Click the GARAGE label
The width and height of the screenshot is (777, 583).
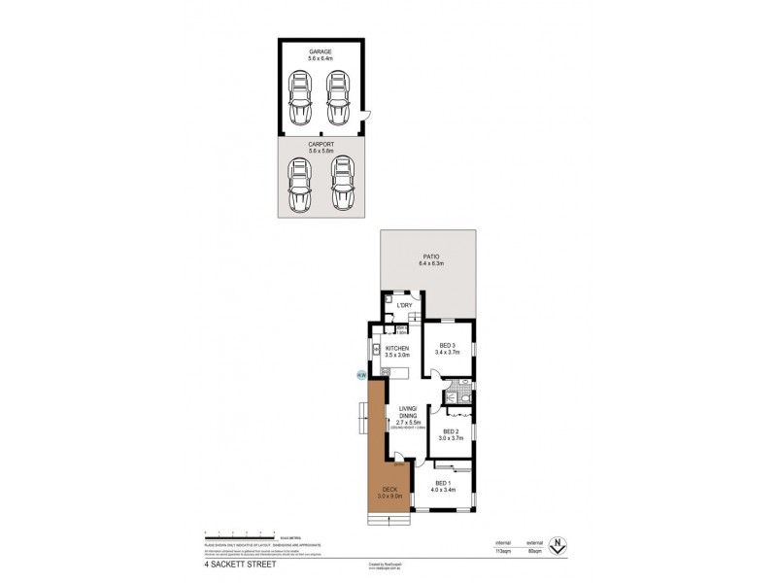point(321,51)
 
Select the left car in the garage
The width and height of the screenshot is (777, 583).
point(300,99)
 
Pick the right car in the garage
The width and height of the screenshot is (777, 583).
point(338,99)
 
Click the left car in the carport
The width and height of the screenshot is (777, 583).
point(300,184)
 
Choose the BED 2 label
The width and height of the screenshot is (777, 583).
point(452,431)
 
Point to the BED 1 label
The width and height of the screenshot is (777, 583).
point(443,483)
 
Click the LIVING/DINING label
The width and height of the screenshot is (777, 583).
point(408,411)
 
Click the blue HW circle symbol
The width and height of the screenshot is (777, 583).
point(361,375)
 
